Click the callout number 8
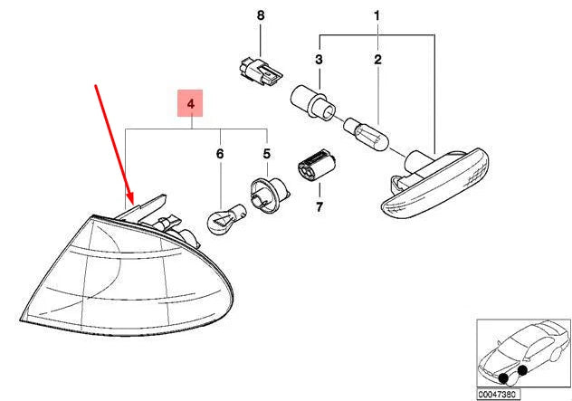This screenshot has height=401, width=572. coord(261,16)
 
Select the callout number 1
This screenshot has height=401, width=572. coord(377,16)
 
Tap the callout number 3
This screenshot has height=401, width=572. coord(318,60)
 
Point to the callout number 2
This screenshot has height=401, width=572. coord(378,60)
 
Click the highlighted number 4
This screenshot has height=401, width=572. coord(190,106)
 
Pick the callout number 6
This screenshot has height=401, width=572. coord(218,155)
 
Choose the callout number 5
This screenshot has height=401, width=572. coord(266,155)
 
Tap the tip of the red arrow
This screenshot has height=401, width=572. coord(129,202)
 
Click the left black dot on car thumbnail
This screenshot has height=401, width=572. coord(502,377)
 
